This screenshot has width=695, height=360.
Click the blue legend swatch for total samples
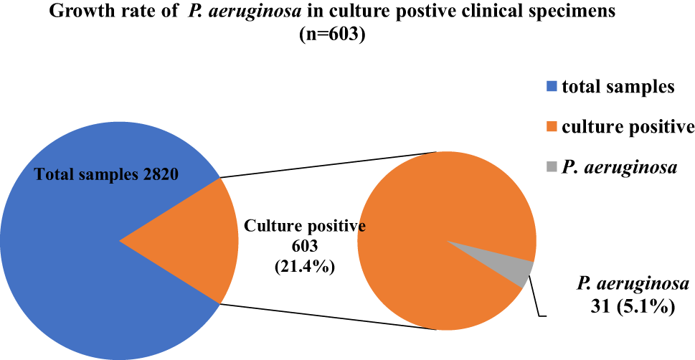click(x=551, y=87)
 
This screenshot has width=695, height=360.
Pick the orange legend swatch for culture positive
click(x=551, y=128)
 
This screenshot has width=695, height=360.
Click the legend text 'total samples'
click(x=618, y=87)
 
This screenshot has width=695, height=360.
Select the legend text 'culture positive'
click(x=628, y=128)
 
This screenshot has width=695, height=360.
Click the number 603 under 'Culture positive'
click(x=306, y=245)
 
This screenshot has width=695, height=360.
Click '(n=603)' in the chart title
click(x=332, y=34)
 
